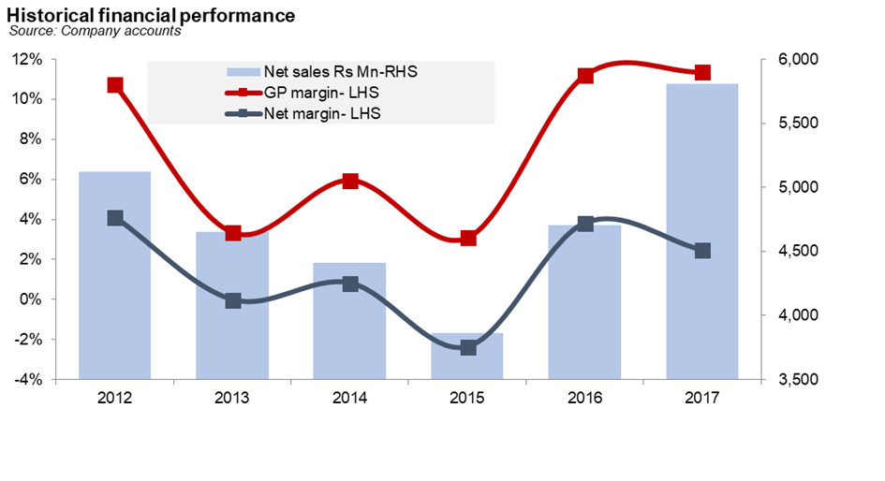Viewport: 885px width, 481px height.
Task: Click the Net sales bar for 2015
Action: pos(467,357)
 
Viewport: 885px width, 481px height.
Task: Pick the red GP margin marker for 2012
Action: pos(115,85)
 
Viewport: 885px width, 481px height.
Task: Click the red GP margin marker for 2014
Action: pos(350,181)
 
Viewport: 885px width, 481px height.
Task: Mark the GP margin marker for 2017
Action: pos(702,73)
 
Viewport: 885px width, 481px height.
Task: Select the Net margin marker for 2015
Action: pos(468,347)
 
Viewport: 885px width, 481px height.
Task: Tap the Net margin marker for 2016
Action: pos(585,224)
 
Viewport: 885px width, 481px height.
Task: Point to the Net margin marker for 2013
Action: pos(233,300)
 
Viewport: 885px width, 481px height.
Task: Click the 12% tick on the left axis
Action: pos(28,60)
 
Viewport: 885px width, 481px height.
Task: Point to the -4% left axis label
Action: pos(28,380)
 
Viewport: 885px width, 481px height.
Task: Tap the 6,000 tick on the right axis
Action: pos(798,60)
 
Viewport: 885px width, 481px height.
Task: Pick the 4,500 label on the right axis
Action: pos(798,252)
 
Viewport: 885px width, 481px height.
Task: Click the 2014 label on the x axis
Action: pos(349,399)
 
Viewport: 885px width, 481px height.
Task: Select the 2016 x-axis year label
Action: pos(584,399)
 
